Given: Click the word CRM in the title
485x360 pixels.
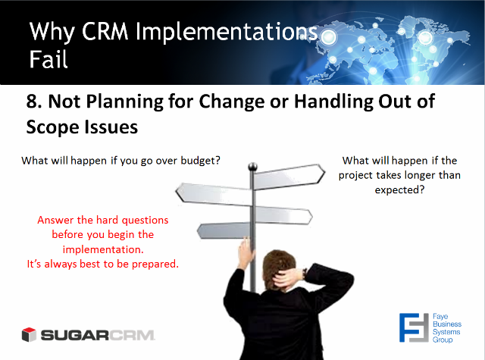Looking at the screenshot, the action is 105,32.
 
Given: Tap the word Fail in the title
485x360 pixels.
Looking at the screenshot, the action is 48,59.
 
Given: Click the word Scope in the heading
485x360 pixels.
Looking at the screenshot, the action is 52,128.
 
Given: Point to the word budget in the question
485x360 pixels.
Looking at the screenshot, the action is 200,161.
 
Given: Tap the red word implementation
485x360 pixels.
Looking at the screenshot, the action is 103,249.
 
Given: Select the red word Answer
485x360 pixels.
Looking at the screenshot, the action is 55,220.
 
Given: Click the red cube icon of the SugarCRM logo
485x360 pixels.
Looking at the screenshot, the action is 29,335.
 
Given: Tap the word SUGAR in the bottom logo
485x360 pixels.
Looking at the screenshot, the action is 74,335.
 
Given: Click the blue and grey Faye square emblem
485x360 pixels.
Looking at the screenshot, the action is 414,328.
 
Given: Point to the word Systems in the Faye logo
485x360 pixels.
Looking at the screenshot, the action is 446,332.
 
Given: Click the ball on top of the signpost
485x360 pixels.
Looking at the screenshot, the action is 252,167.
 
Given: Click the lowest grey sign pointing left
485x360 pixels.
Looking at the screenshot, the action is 224,230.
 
